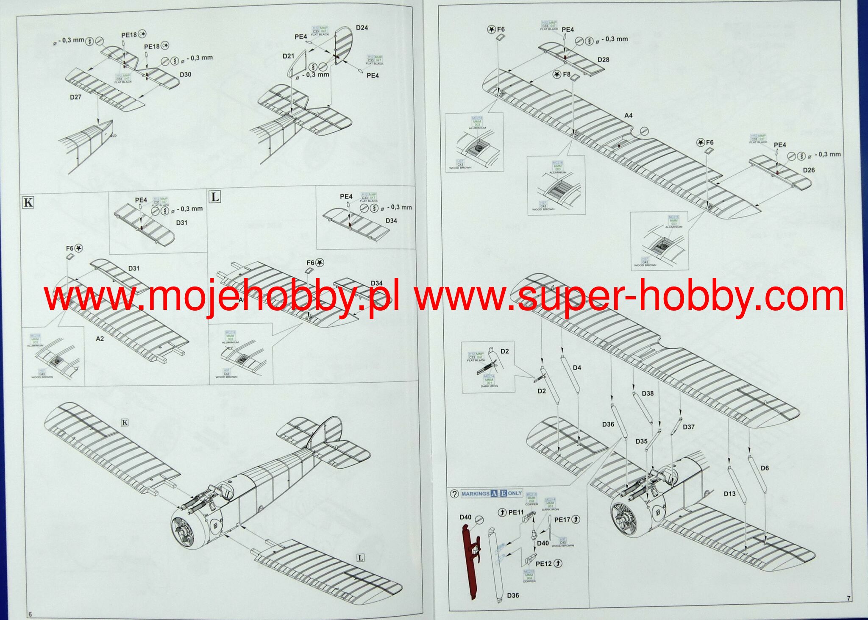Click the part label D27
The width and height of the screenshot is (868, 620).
click(75, 97)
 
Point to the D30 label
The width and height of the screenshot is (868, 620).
click(185, 75)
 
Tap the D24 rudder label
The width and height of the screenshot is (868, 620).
click(362, 28)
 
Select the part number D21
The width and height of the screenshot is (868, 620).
click(288, 56)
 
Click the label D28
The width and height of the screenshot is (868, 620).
click(603, 60)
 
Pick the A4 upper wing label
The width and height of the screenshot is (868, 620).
click(628, 115)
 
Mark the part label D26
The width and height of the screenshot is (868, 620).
click(809, 170)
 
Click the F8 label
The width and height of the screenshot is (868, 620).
click(567, 75)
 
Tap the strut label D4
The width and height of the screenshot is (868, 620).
click(577, 368)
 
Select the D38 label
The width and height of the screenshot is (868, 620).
click(648, 393)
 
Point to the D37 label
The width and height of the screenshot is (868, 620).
click(689, 427)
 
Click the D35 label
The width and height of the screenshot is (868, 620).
click(641, 441)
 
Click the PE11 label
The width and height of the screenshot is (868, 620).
click(516, 512)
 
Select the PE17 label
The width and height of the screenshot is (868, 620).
click(562, 520)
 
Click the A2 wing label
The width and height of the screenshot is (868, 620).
click(100, 339)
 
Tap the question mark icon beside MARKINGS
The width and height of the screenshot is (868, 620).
click(454, 494)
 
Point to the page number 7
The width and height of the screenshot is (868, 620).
click(849, 598)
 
